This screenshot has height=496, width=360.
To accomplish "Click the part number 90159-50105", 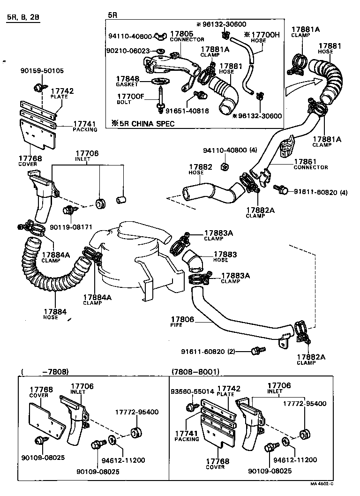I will click(x=42, y=71).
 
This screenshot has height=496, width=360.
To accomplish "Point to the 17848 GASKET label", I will click(x=127, y=81).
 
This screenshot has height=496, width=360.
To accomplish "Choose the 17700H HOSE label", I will click(x=262, y=37).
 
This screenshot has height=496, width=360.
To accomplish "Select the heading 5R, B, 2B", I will click(x=23, y=18).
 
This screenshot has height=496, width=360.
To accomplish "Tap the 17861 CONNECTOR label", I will click(x=310, y=164).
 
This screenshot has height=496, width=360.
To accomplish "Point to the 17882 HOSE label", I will click(x=201, y=169).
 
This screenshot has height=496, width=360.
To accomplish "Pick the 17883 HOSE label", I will click(x=225, y=256).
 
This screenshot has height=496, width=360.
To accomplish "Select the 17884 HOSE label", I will click(x=55, y=314).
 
